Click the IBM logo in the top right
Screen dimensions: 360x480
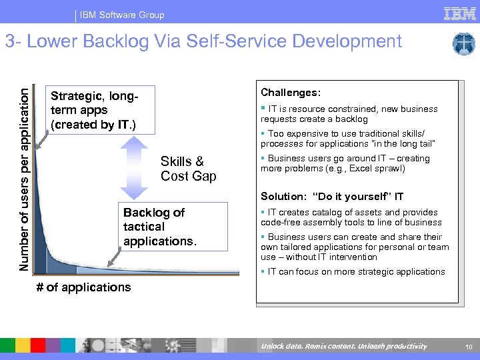459,13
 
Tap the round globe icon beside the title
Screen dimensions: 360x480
463,44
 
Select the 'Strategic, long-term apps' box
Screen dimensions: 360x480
102,110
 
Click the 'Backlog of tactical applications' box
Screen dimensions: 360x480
172,227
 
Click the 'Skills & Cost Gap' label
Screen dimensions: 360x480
188,168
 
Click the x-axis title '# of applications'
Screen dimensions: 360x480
83,287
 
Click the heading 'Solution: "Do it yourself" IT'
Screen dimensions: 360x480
331,197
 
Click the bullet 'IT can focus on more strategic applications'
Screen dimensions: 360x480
353,272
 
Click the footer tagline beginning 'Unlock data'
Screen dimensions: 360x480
343,347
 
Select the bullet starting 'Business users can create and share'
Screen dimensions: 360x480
354,247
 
